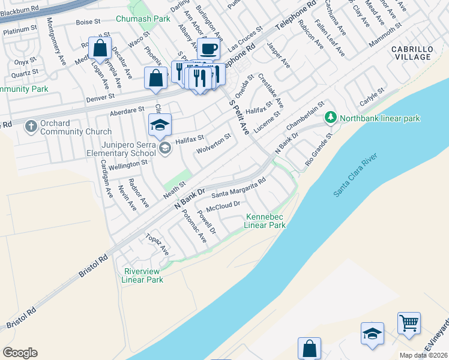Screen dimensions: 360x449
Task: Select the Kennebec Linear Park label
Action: click(265, 221)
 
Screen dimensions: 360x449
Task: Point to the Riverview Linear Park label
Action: click(142, 275)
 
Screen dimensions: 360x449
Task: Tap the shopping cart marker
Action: click(409, 323)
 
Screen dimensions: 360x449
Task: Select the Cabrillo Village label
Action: click(412, 53)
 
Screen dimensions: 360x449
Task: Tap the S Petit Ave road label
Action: click(240, 116)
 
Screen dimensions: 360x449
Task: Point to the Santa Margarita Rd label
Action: click(238, 189)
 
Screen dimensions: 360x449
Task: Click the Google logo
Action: click(20, 353)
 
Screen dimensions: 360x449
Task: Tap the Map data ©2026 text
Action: click(424, 355)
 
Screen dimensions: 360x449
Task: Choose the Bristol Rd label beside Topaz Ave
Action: click(93, 264)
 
